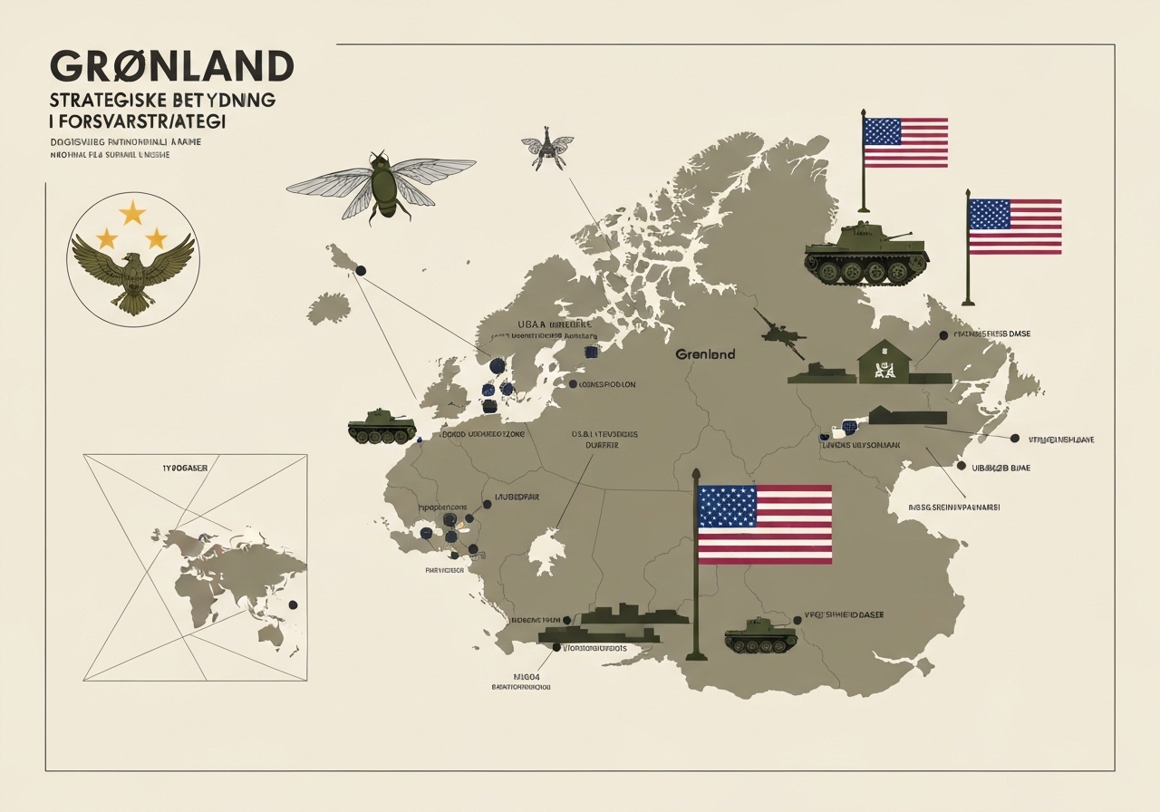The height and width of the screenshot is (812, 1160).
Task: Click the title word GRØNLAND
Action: [172, 66]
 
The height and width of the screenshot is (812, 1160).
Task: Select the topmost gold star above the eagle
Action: [132, 213]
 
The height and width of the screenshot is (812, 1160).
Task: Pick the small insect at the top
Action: [547, 150]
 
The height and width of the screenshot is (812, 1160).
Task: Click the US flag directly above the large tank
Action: [904, 142]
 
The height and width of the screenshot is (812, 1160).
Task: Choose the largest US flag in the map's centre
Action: [765, 524]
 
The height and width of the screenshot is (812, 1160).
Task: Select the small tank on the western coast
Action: [382, 427]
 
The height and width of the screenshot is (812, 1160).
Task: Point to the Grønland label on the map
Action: [705, 354]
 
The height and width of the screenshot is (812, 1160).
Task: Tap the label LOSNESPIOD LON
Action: [607, 384]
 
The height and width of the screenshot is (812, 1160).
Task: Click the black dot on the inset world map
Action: [292, 604]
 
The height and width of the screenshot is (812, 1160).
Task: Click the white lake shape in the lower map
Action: [546, 551]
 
